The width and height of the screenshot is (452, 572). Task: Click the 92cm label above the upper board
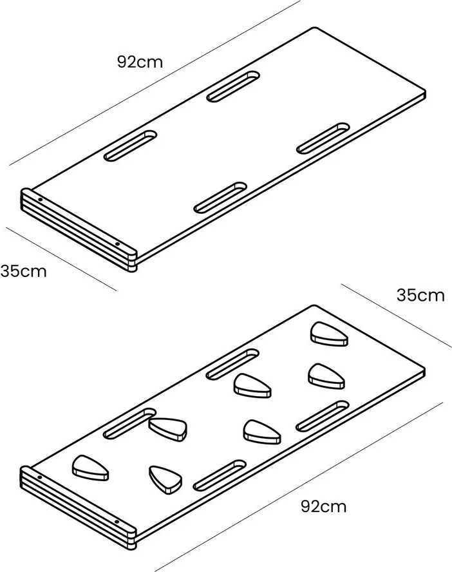pos(140,62)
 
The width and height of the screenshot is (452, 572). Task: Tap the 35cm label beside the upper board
pos(24,271)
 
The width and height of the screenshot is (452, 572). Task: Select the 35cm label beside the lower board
pos(420,295)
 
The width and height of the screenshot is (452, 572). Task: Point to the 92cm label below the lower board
pos(324,507)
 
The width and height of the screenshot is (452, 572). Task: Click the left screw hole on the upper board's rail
pos(40,200)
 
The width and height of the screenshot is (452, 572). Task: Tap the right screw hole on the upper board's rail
pos(117,244)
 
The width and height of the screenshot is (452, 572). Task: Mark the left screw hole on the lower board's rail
pos(40,477)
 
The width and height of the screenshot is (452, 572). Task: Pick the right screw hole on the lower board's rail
pos(117,522)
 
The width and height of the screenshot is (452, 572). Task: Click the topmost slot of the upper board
pos(233,86)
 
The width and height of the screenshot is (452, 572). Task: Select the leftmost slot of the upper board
pos(131,146)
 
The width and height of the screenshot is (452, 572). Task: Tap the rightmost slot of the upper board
pos(323,138)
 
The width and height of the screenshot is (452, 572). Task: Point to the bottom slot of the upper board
pos(220,197)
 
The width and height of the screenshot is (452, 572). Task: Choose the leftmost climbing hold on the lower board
pos(90,468)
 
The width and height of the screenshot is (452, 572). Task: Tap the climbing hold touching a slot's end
pos(168,430)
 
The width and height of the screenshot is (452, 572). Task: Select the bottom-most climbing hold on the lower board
pos(165,480)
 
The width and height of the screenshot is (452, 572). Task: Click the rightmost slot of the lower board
pos(323,416)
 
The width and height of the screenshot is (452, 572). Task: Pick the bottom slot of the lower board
pos(220,475)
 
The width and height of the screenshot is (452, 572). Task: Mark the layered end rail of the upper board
pos(78,230)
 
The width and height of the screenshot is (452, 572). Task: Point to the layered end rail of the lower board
pos(78,508)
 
